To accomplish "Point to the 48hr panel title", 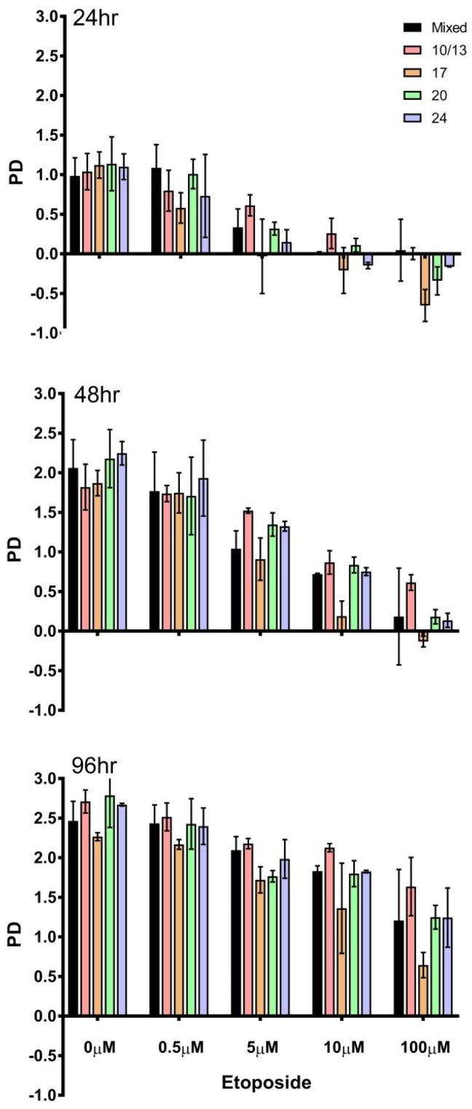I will (96, 395).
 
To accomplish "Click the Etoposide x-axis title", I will (267, 1082).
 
